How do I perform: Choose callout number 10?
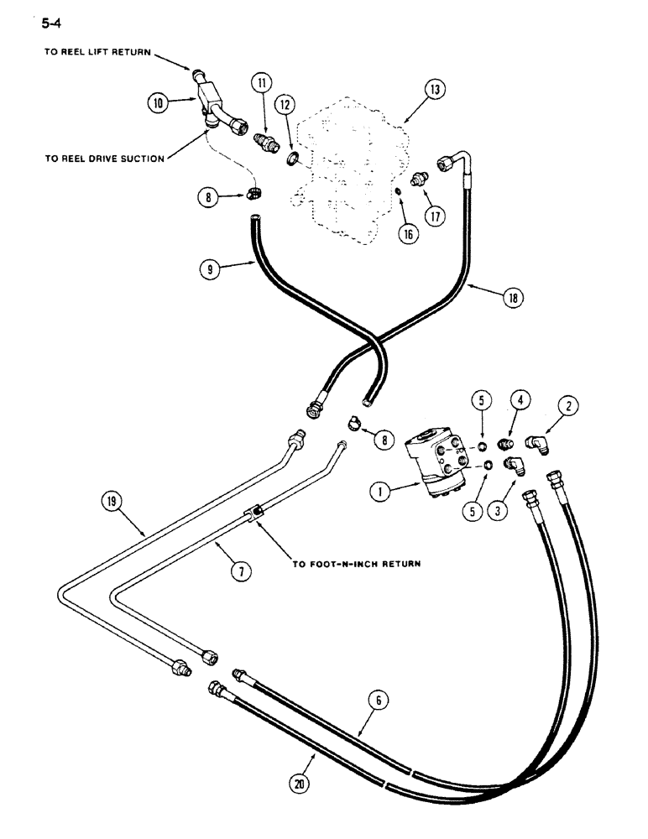[x=157, y=103]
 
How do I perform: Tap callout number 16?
[x=407, y=234]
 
